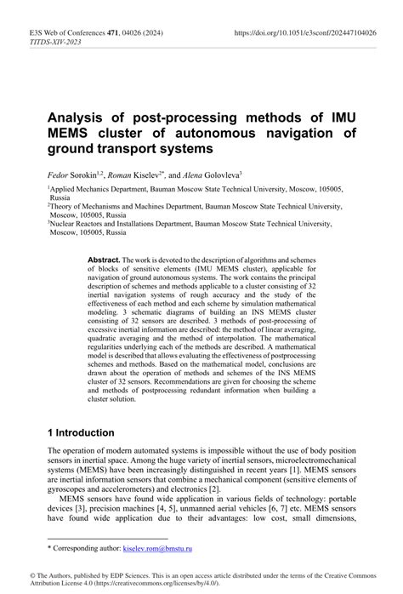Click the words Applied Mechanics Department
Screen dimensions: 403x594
(90, 189)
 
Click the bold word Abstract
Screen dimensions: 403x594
(104, 258)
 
